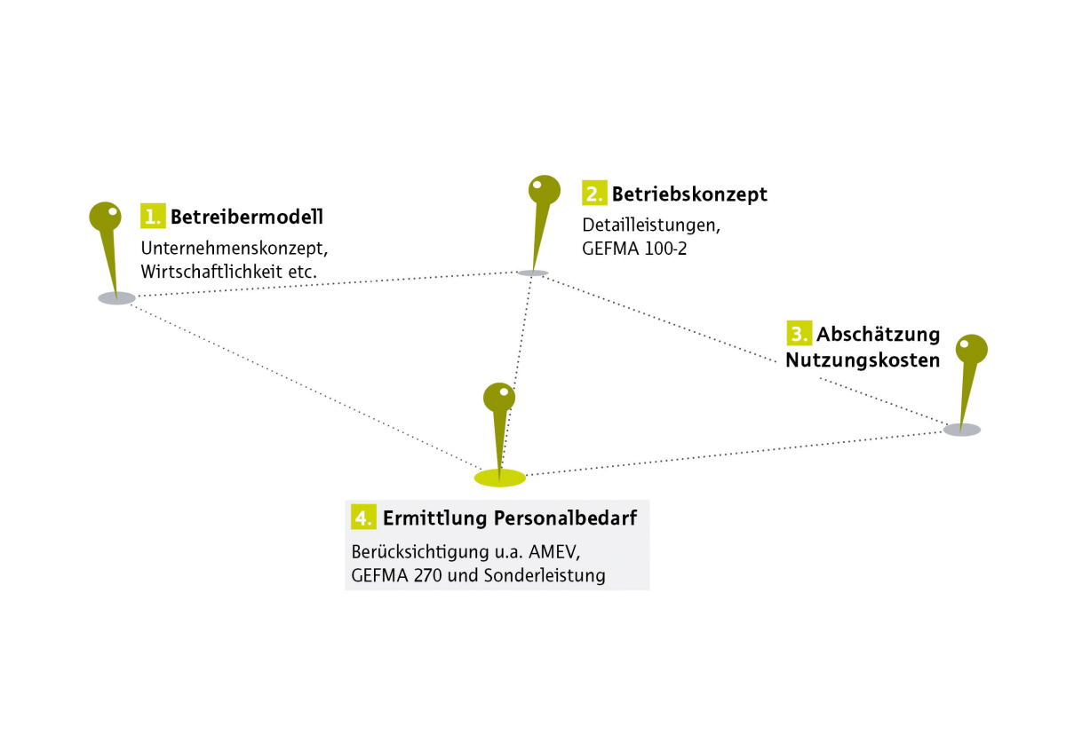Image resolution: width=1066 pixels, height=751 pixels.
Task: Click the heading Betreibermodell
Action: [247, 217]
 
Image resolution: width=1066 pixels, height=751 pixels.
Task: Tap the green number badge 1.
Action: [153, 216]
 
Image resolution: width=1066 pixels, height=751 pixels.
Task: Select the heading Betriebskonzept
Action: [689, 194]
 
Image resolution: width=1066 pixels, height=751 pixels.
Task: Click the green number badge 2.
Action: [594, 193]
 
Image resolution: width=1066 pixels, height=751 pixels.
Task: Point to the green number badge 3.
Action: [799, 333]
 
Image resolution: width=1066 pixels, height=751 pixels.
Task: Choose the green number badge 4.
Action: [363, 517]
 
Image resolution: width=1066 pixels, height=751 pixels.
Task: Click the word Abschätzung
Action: [878, 335]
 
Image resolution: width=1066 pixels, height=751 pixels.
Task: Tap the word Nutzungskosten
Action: [863, 360]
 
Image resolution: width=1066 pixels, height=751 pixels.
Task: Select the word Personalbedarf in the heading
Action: [565, 518]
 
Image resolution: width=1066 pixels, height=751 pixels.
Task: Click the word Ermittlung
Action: [435, 518]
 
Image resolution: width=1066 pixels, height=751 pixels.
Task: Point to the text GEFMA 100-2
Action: [634, 249]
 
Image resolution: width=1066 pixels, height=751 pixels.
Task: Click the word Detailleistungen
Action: [651, 225]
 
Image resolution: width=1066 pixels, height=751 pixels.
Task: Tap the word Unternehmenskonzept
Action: [235, 249]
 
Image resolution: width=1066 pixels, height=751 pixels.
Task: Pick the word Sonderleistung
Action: [545, 575]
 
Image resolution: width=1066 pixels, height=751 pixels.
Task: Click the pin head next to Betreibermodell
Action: [105, 217]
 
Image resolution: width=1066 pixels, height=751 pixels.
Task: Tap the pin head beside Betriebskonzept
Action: [545, 190]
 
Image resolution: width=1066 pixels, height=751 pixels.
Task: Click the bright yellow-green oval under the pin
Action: [499, 478]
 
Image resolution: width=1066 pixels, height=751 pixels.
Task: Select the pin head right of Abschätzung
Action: [972, 350]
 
